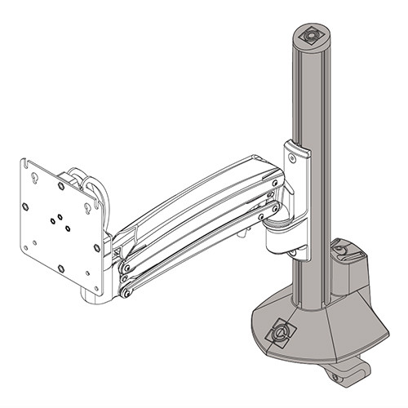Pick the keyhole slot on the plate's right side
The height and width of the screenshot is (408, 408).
click(84, 206)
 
